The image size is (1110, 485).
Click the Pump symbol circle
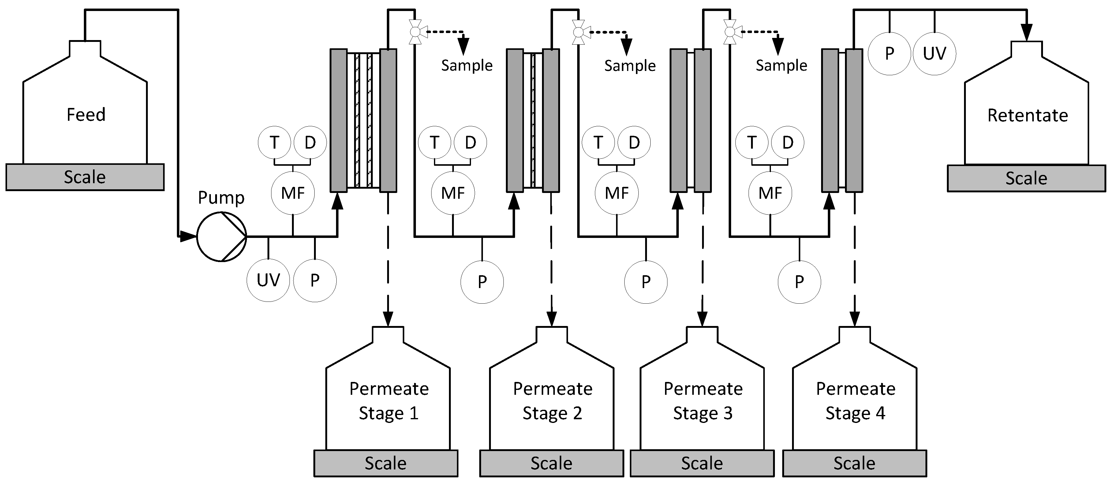click(x=221, y=236)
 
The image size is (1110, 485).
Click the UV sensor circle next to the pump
click(x=268, y=280)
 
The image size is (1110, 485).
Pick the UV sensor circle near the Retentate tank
click(x=934, y=54)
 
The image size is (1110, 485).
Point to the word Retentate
click(x=1027, y=115)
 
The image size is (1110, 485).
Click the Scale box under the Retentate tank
click(x=1026, y=178)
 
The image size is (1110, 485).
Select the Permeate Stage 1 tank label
click(x=388, y=401)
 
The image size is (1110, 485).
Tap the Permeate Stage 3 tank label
click(x=702, y=401)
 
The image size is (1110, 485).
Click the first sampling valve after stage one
click(x=415, y=31)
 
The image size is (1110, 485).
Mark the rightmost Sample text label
click(x=781, y=65)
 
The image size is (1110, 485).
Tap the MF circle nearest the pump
click(x=293, y=193)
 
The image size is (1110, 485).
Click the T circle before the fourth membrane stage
click(x=752, y=142)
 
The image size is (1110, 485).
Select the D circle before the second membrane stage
click(x=470, y=142)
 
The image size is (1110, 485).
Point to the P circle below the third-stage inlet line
click(x=645, y=282)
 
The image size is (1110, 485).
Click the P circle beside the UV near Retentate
click(x=889, y=54)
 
